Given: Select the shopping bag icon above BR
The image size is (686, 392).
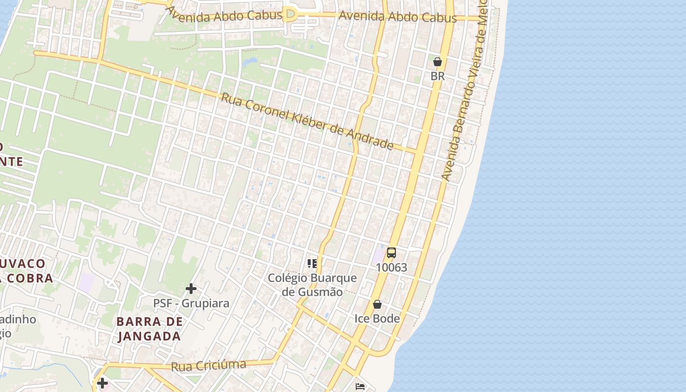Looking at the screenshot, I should pos(438,62).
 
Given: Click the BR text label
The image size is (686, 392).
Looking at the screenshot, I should pos(438,76).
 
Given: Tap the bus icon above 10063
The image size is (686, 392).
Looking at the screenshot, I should pos(392,253).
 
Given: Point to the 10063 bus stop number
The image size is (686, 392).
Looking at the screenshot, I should pos(392,268).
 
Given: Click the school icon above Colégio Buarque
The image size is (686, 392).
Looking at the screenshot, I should pos(312,264).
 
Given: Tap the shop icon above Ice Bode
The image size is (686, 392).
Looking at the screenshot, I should pos(377,304).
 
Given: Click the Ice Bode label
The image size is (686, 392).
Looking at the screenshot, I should pos(377,319).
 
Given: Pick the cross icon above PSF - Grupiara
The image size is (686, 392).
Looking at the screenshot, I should pos(191,289).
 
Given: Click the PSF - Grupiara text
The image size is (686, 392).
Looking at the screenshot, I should pos(191,303).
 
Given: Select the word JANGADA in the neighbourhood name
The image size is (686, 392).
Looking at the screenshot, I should pos(149,337).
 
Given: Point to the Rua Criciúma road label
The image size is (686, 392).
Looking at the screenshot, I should pos(208,366).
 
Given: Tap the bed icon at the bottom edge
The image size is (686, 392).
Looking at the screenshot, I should pos(360,387).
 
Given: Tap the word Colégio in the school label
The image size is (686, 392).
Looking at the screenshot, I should pos(287,278).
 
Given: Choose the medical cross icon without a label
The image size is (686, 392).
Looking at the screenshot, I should pos(102,383).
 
